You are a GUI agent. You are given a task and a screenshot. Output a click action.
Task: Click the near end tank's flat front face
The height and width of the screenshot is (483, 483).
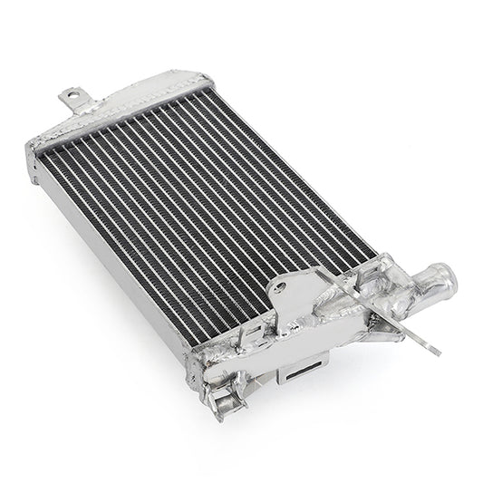(x=272, y=362)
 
